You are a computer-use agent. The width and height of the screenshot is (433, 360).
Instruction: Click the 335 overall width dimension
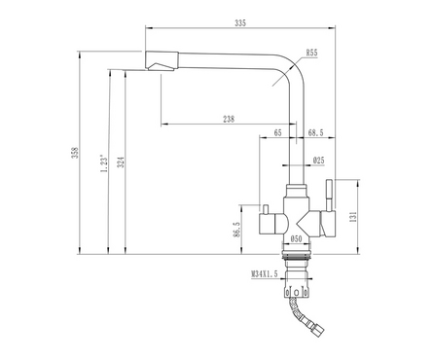pos(240,23)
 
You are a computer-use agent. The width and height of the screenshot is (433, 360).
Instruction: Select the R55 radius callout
pos(311,53)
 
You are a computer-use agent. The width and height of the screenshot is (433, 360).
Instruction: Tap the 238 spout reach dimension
pos(229,119)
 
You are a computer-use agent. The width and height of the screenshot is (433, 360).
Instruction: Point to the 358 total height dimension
pos(75,153)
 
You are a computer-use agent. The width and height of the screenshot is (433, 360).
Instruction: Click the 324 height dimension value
pos(121,162)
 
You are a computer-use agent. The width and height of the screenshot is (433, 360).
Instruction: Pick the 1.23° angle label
pos(104,163)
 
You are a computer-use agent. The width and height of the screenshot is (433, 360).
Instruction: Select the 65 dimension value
pos(277,132)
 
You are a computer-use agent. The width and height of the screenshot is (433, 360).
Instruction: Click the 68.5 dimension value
pos(315,132)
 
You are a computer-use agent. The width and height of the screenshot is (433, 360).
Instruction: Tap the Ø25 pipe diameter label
pos(319,160)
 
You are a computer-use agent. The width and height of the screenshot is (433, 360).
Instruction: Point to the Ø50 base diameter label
pos(296,239)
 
